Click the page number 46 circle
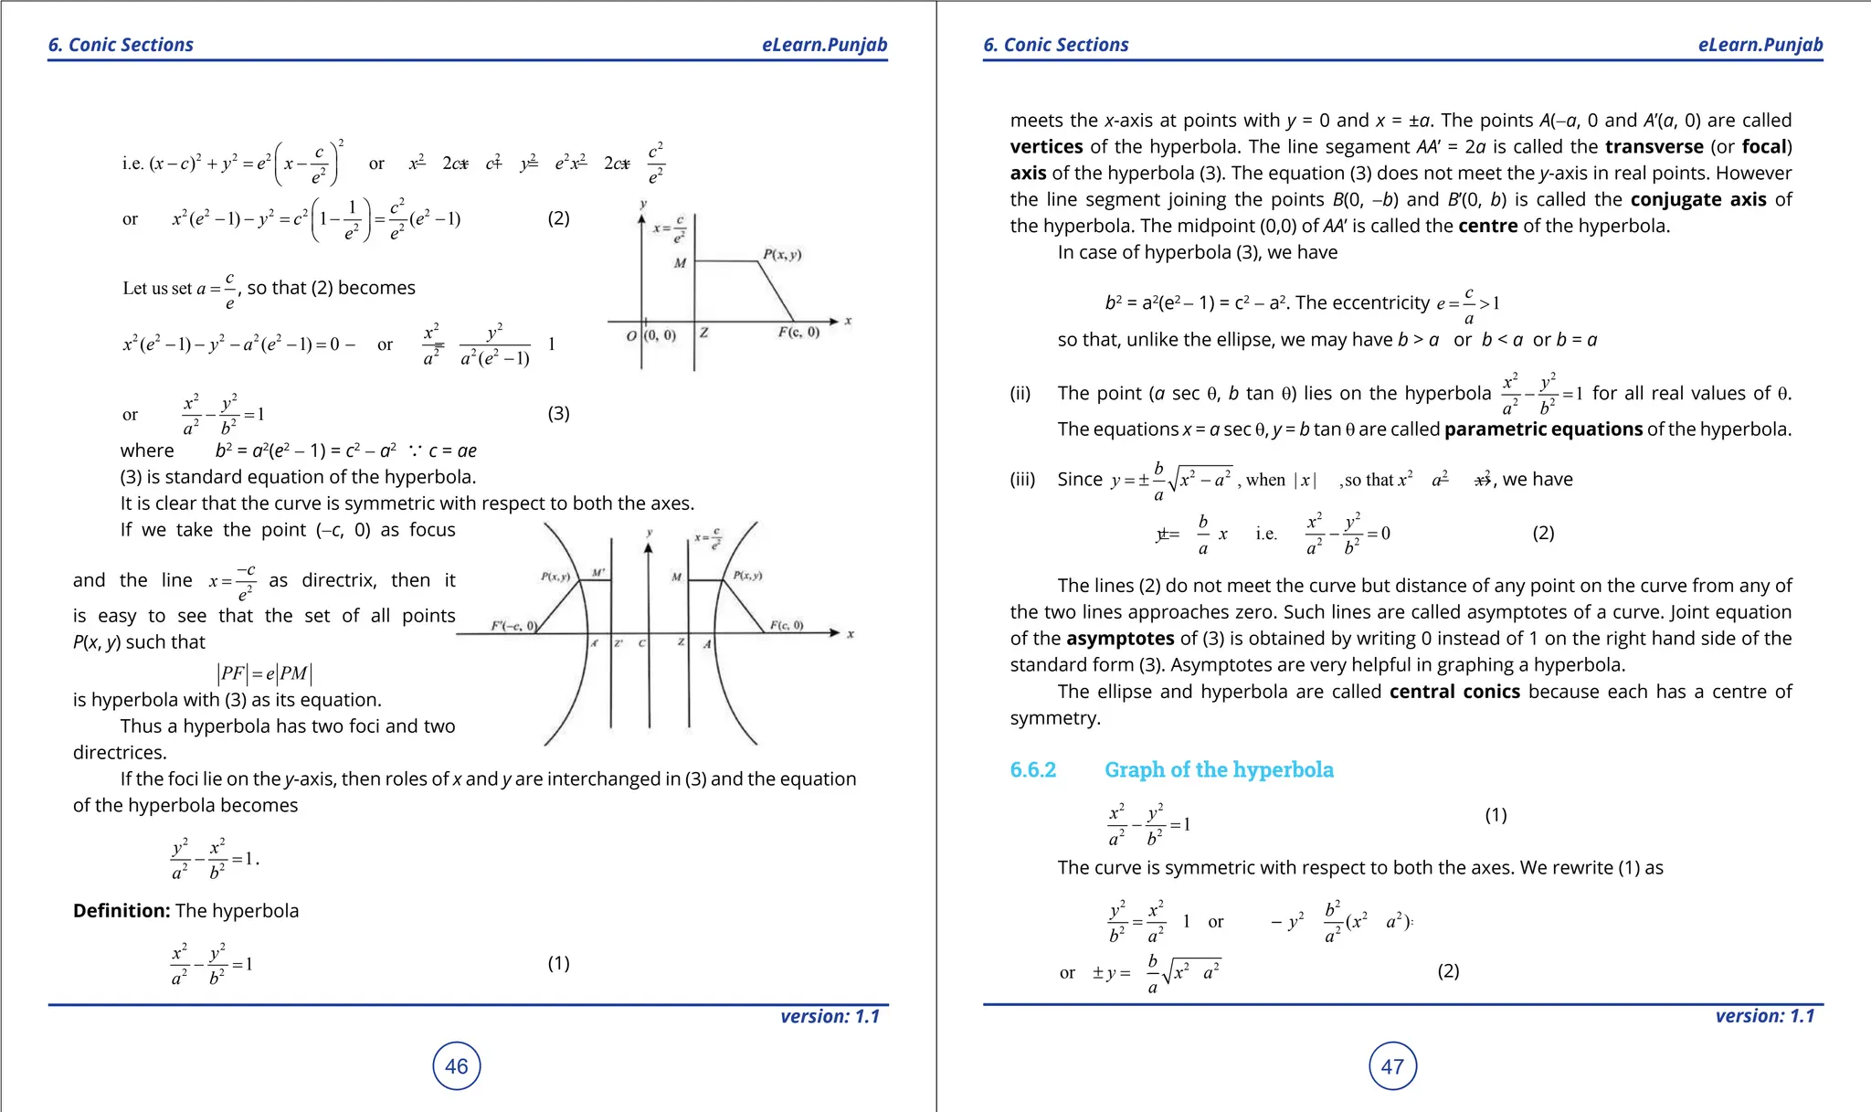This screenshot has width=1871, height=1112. [x=456, y=1065]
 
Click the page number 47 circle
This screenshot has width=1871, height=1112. [x=1392, y=1065]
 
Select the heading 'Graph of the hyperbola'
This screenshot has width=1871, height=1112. [x=1219, y=769]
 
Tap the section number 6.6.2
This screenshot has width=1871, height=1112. [x=1032, y=769]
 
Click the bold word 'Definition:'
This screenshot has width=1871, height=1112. [x=122, y=910]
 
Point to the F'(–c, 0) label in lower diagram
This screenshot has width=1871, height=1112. [x=513, y=626]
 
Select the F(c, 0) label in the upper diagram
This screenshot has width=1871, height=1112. [x=798, y=333]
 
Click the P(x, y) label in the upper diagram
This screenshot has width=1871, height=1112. [x=782, y=254]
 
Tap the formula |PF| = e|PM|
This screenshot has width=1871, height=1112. [x=266, y=673]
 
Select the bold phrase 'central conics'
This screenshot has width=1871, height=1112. [x=1454, y=691]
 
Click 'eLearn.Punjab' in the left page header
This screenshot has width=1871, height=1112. [x=824, y=45]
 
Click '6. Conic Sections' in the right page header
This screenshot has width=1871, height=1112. [x=1055, y=45]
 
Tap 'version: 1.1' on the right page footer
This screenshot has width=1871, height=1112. [x=1764, y=1015]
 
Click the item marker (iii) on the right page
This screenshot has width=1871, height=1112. [x=1023, y=479]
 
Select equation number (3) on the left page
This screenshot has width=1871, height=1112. [x=558, y=413]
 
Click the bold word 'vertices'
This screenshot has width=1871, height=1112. [x=1046, y=146]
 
